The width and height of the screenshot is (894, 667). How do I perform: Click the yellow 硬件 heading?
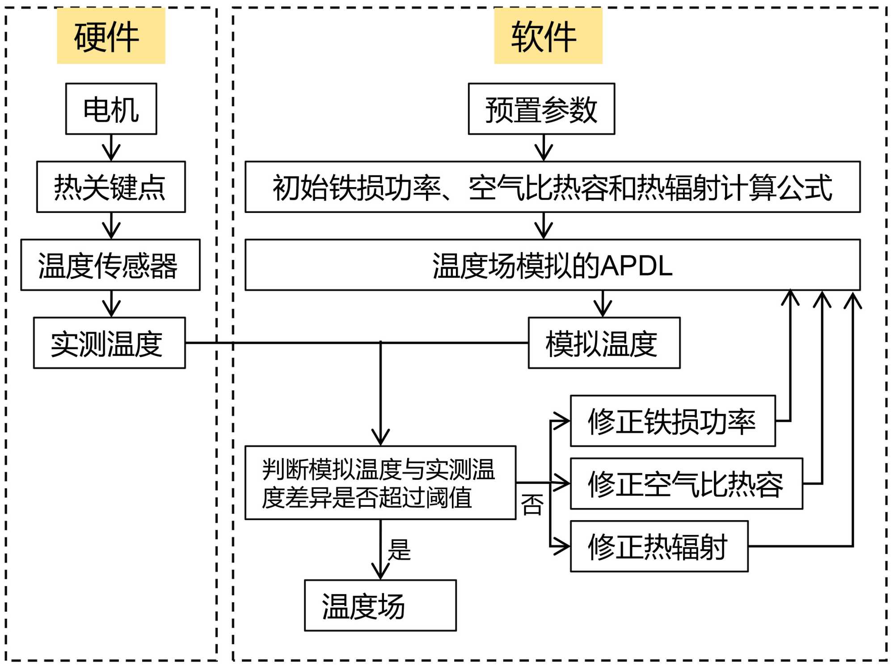[111, 36]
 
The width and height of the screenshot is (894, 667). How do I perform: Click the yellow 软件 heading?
[548, 36]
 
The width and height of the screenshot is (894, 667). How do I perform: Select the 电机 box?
[111, 108]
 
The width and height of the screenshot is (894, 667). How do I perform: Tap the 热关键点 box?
[111, 187]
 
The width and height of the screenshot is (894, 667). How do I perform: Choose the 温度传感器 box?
[110, 265]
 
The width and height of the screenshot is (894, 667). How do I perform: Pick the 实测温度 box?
[109, 343]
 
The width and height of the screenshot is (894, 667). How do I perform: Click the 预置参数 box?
[541, 108]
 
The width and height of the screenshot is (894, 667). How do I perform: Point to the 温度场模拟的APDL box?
[552, 265]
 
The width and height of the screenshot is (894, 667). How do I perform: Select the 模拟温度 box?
[604, 343]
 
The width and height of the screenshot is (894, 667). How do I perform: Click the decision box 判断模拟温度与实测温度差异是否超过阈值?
[380, 483]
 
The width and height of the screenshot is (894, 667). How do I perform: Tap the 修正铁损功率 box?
[673, 421]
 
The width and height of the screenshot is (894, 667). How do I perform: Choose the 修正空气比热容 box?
[687, 484]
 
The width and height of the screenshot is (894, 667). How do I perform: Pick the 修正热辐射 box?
[659, 546]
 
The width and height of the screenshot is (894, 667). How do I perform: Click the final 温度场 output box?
[380, 605]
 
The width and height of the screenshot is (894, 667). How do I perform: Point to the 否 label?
[532, 504]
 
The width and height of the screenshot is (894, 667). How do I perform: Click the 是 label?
[399, 550]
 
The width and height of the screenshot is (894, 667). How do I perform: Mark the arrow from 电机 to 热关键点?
[111, 148]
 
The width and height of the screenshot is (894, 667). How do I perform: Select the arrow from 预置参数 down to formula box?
[544, 148]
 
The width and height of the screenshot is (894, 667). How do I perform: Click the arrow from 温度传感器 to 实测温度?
[111, 304]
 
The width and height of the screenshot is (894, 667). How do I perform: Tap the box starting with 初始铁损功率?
[552, 187]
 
